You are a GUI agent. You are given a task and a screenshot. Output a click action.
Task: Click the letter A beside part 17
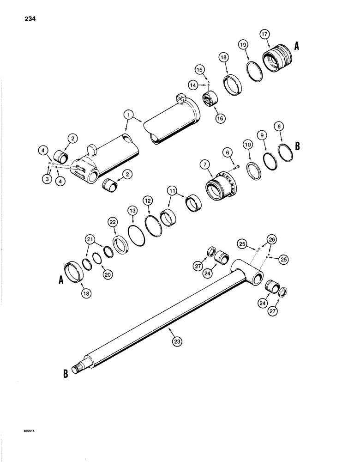click(297, 46)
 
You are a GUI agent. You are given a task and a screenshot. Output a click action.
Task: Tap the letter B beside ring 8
click(298, 146)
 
